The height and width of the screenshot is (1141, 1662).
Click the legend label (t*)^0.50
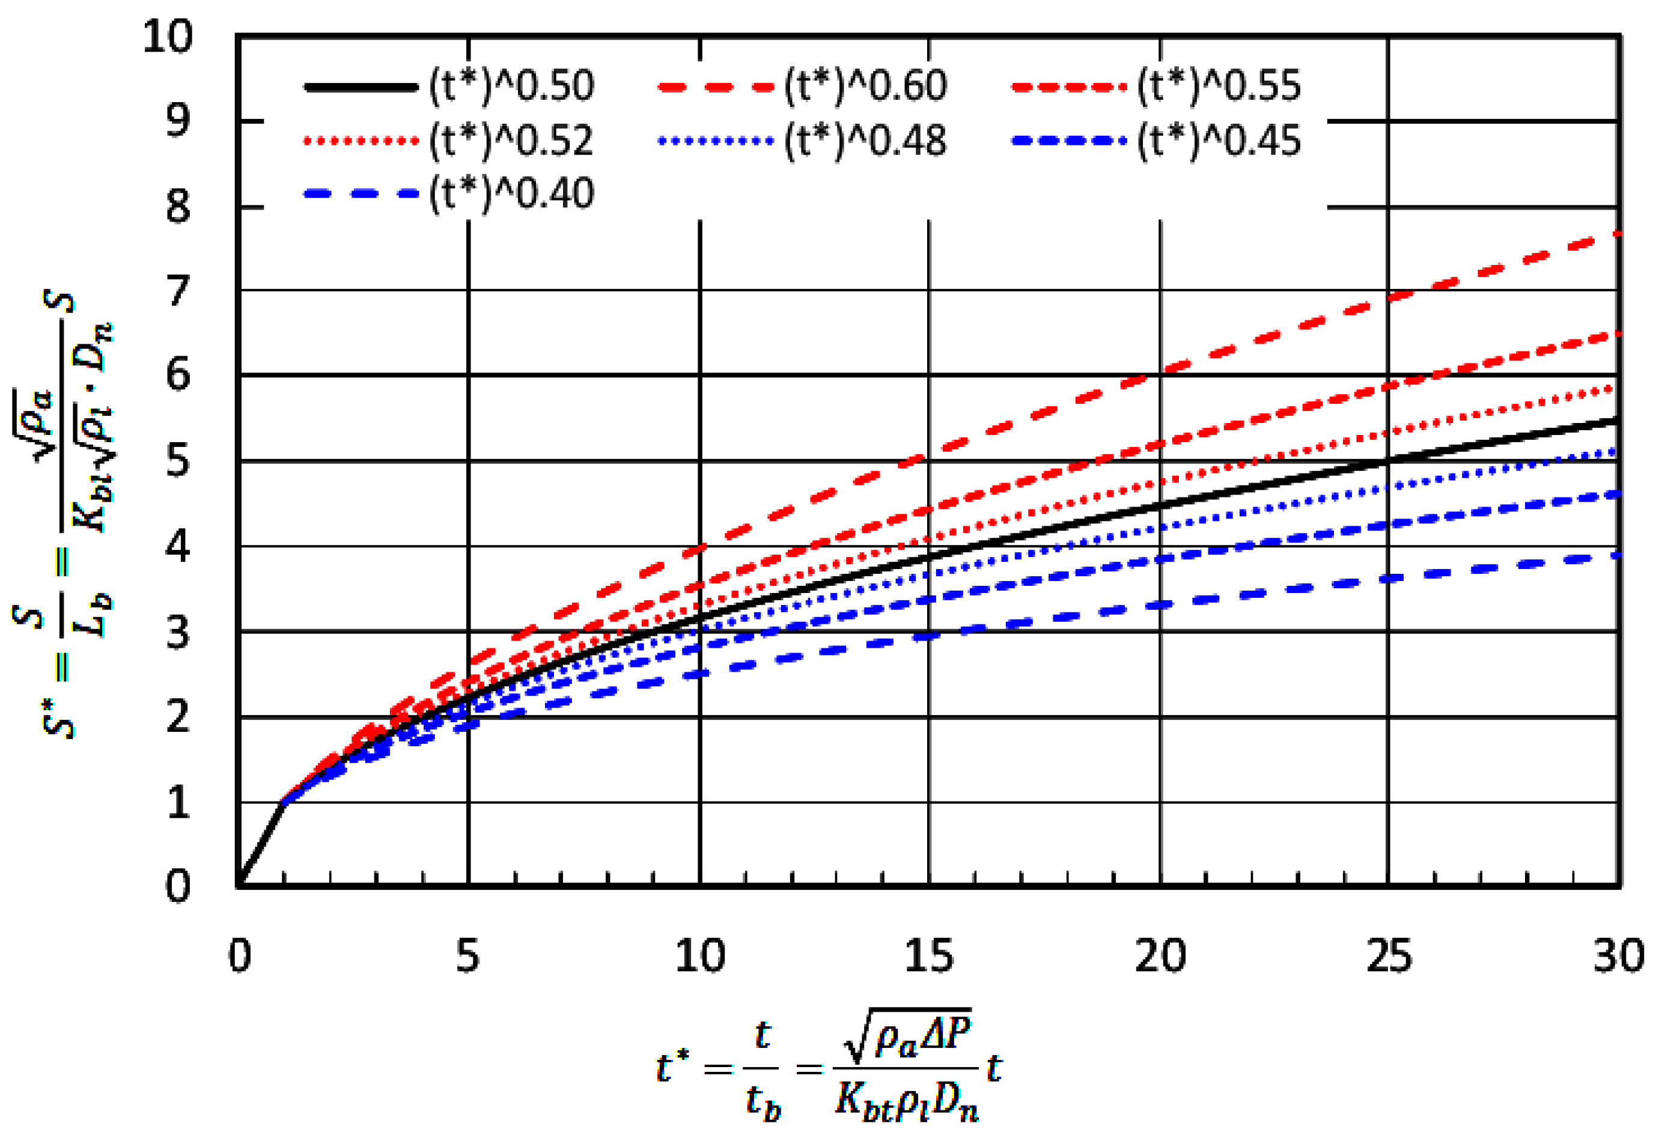click(x=511, y=87)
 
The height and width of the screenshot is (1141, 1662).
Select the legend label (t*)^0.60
click(x=865, y=87)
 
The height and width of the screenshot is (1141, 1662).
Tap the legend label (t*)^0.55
click(x=1219, y=87)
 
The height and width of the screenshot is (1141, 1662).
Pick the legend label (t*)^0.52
click(x=511, y=141)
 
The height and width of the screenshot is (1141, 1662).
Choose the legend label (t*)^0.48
click(x=865, y=141)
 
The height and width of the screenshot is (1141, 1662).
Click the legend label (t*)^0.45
click(x=1219, y=141)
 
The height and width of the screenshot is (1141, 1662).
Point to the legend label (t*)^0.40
click(x=511, y=193)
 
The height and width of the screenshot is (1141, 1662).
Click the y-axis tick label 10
click(x=168, y=35)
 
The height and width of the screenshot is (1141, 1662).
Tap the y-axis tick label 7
click(x=178, y=291)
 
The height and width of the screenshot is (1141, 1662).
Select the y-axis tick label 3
click(x=178, y=633)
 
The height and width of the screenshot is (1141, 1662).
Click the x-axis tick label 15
click(x=928, y=957)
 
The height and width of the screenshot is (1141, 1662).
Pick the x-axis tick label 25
click(x=1388, y=957)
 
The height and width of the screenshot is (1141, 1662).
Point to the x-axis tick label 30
click(x=1618, y=957)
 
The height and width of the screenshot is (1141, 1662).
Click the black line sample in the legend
click(x=361, y=87)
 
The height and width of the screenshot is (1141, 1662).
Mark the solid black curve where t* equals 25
click(x=1388, y=461)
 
